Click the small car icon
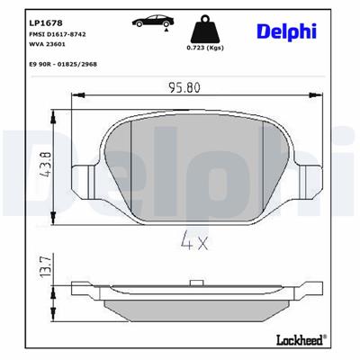(148, 20)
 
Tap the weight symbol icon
(202, 24)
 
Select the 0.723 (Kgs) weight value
(202, 48)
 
